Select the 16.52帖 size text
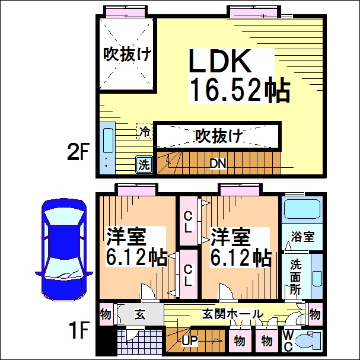(239, 91)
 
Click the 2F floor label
(78, 154)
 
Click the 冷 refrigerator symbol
(145, 131)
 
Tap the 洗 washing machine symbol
(144, 164)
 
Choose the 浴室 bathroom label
(302, 236)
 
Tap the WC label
(287, 342)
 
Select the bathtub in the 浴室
(302, 211)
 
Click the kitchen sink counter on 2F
(107, 148)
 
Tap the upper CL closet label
(188, 221)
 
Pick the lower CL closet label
(188, 275)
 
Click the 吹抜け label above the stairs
(219, 136)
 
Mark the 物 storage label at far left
(106, 313)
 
